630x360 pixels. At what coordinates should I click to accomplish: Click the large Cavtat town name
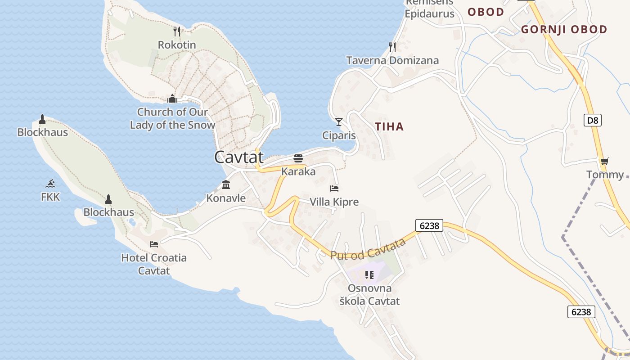(x=238, y=157)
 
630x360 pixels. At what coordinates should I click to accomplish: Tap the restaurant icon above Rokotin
(x=177, y=31)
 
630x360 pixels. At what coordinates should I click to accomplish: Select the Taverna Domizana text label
(x=392, y=60)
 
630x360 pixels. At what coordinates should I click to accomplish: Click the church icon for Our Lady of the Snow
(x=172, y=99)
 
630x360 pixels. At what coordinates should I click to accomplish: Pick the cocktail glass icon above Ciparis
(x=339, y=122)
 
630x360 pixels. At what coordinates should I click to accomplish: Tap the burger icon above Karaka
(x=298, y=158)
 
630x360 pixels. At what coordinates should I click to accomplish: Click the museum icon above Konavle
(x=226, y=184)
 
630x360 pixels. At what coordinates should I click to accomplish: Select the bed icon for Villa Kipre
(x=334, y=189)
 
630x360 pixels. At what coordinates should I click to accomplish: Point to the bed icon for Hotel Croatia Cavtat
(x=154, y=244)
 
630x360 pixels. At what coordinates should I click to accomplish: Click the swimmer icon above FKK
(x=50, y=184)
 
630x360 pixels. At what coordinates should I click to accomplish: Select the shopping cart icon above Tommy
(x=604, y=161)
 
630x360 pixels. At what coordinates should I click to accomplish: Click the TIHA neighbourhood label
(x=390, y=127)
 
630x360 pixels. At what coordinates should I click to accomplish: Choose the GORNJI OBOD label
(x=564, y=30)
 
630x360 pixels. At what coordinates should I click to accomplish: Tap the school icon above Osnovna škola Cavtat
(x=369, y=274)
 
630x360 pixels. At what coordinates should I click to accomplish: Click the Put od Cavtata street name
(x=368, y=249)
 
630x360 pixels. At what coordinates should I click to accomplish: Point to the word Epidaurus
(x=429, y=13)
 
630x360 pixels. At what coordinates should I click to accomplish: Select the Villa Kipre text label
(x=334, y=202)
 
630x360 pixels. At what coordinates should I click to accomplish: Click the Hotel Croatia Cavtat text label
(x=154, y=264)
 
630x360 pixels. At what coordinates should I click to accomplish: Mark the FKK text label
(x=50, y=197)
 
